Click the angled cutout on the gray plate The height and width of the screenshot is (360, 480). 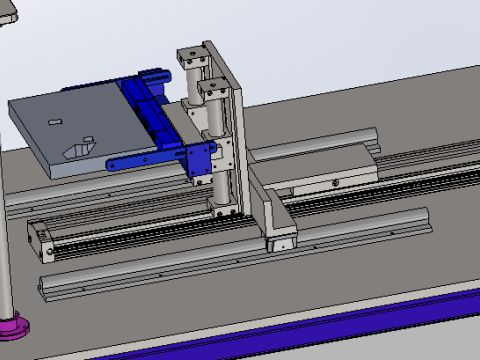click(x=78, y=147)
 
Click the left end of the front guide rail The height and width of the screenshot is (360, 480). click(x=49, y=286)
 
